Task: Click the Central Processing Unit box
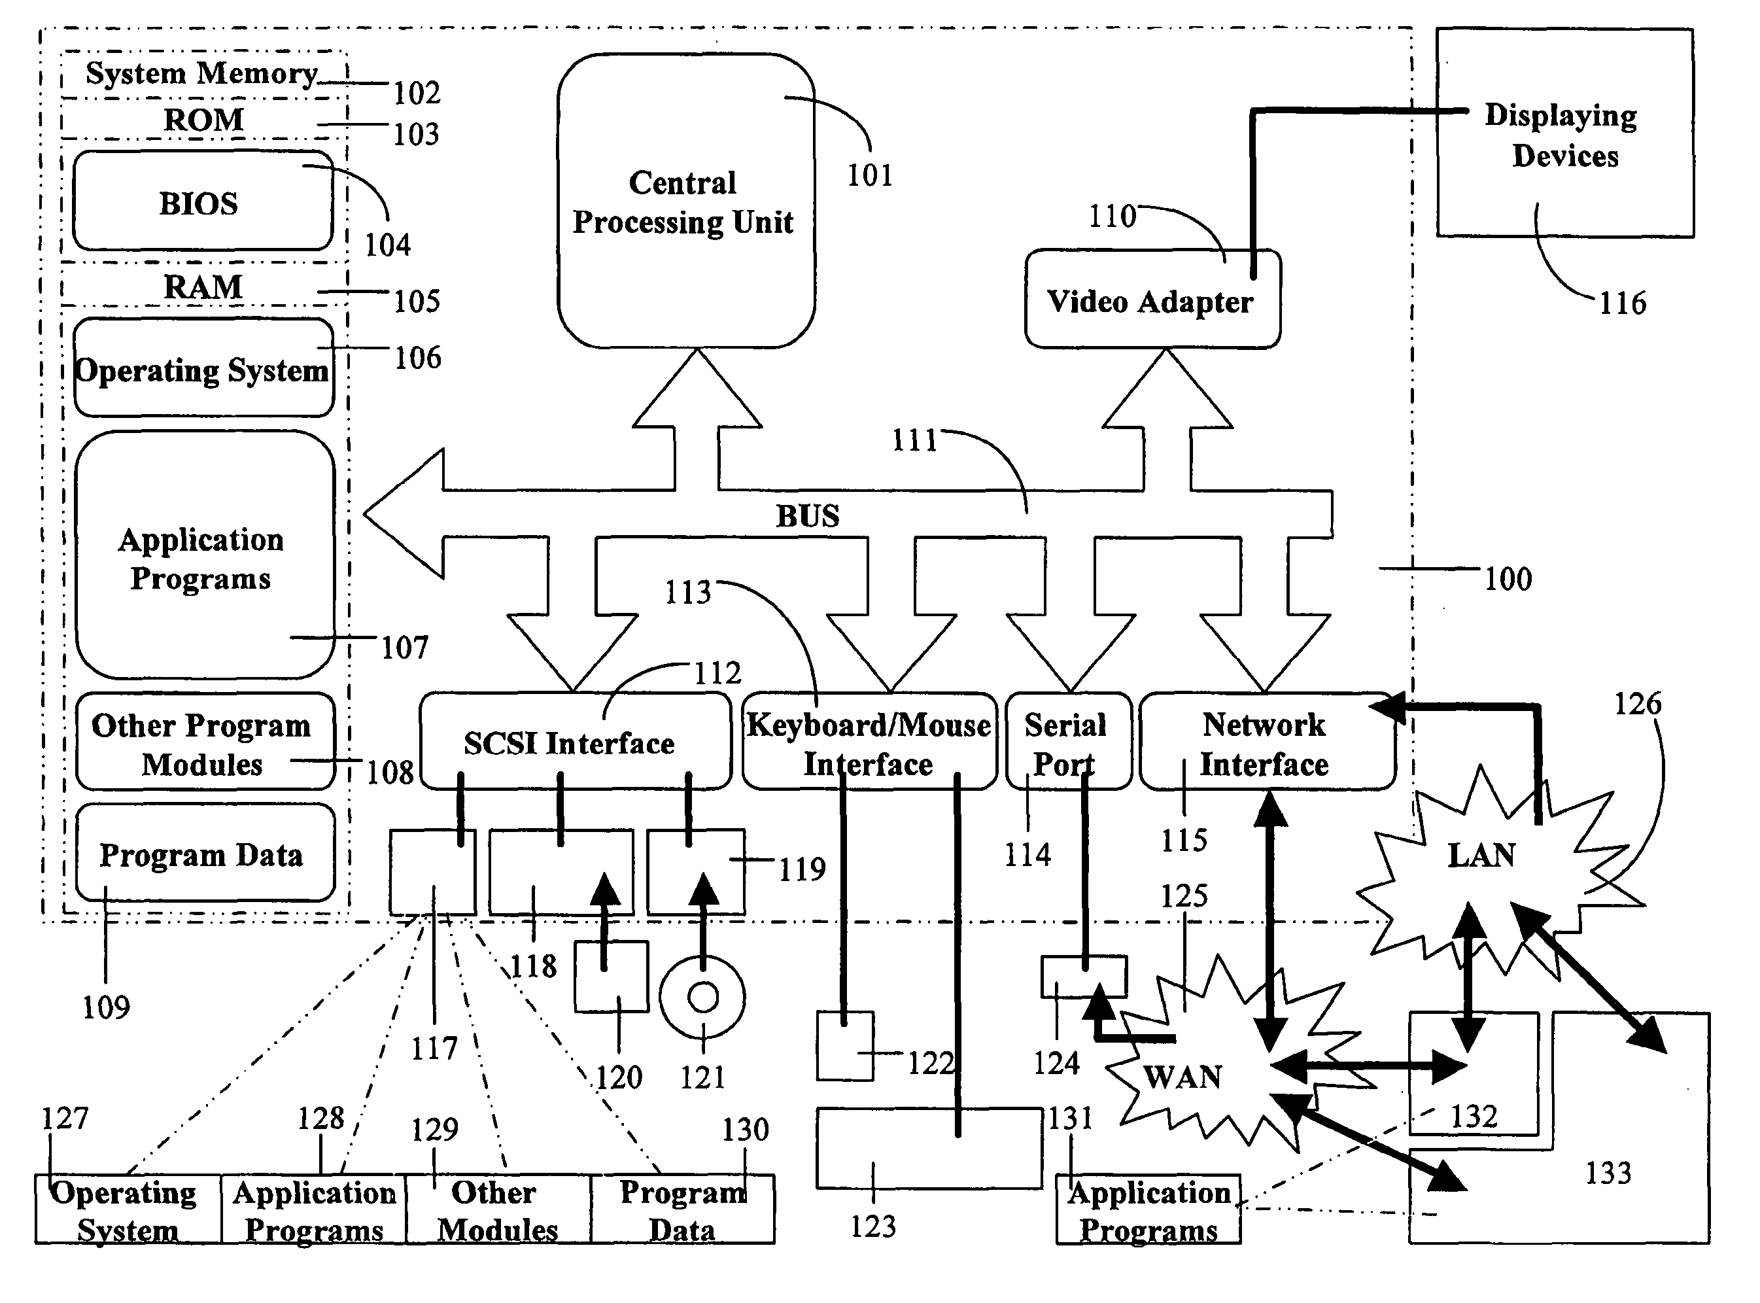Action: click(x=684, y=201)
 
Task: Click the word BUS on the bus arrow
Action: click(x=808, y=516)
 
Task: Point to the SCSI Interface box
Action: click(x=574, y=742)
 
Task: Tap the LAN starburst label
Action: click(x=1481, y=855)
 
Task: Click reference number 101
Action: click(x=870, y=175)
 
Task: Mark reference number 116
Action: click(x=1622, y=303)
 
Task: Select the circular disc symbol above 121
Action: click(x=702, y=997)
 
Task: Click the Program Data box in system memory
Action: click(x=203, y=854)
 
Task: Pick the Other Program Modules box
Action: click(x=203, y=743)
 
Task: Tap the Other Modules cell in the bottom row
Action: click(x=497, y=1210)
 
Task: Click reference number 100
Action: click(x=1508, y=579)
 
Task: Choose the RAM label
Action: click(x=203, y=286)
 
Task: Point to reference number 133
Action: click(x=1608, y=1173)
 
